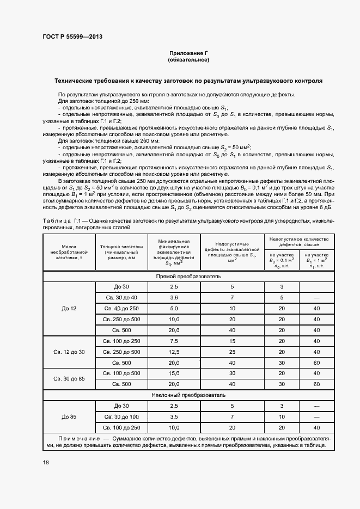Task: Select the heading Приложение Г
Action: [188, 53]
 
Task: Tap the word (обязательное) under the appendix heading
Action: [188, 59]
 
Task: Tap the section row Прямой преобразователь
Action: [188, 277]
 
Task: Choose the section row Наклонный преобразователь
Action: [188, 395]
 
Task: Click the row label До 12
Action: [69, 309]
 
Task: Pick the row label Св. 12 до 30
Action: [69, 352]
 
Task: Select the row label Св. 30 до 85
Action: [69, 378]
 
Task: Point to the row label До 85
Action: [69, 416]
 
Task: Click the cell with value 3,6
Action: [174, 297]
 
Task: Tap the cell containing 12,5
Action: [174, 352]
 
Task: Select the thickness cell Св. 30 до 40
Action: [120, 297]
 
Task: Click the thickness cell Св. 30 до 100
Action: [120, 416]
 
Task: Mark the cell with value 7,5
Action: [174, 341]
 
